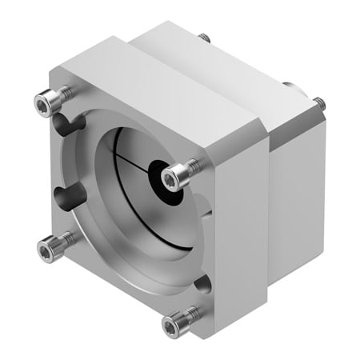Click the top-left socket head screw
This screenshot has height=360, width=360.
pyautogui.click(x=47, y=102)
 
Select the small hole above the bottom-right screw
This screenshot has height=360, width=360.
pyautogui.click(x=205, y=282)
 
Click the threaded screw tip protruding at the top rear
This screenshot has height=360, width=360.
pyautogui.click(x=205, y=38)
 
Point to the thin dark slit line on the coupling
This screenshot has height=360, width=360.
pyautogui.click(x=128, y=160)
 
